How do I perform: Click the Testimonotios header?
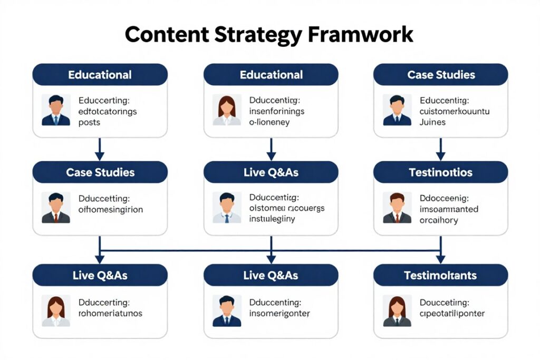coord(440,172)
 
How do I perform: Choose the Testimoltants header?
coord(440,275)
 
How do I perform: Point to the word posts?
coord(89,122)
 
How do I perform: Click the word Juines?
coord(432,122)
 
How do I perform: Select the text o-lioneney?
coord(269,122)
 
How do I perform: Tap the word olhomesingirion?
coord(111,209)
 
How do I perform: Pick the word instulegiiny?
coord(272,219)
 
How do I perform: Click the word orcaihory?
coord(439,220)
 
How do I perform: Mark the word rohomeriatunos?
coord(110,313)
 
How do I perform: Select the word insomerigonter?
coord(279,313)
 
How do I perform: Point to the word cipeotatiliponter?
coord(452,313)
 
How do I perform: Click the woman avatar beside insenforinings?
coord(227,110)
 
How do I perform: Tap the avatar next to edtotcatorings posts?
coord(56,110)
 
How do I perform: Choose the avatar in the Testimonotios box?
coord(397,208)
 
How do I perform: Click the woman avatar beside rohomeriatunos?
coord(56,311)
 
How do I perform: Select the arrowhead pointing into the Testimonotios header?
coord(440,156)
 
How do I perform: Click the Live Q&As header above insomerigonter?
coord(271,275)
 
